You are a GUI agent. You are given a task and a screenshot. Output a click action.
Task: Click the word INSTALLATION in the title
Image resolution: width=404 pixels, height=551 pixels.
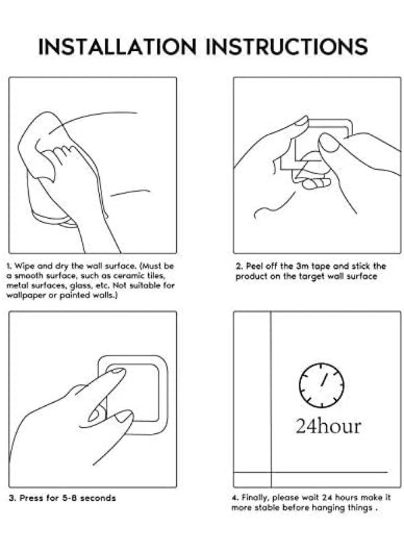coord(117,47)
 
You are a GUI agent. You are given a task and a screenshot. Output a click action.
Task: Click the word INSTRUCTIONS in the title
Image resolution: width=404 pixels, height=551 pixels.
coord(286,47)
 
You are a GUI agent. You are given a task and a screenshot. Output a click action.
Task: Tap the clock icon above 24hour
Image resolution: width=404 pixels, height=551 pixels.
coord(321,386)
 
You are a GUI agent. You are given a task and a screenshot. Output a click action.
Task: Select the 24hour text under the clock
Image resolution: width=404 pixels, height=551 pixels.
coord(328,426)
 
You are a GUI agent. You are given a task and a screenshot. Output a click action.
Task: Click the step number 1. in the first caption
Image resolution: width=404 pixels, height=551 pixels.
coord(9,266)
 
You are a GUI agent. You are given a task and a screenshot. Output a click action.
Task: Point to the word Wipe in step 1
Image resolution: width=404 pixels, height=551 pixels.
coord(24,266)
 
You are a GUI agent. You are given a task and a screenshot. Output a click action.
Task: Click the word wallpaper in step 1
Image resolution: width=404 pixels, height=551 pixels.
coord(27,296)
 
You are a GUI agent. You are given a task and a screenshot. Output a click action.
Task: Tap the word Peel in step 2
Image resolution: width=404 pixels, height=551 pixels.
coord(255,266)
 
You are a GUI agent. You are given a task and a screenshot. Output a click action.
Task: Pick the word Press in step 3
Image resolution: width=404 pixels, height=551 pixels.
coord(30,498)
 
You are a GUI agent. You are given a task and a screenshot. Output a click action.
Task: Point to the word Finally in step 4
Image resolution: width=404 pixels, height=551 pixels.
coord(255,498)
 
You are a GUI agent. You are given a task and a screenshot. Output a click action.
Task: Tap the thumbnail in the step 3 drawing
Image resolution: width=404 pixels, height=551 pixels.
coord(123,416)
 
